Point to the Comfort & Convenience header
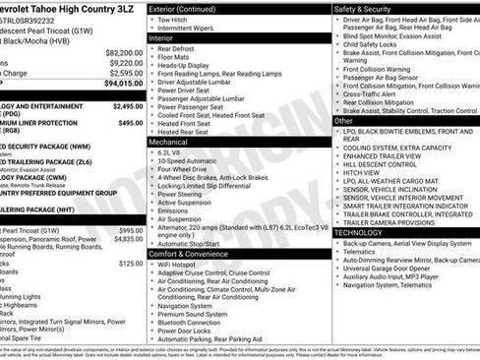[x=186, y=254]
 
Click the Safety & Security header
[x=362, y=8]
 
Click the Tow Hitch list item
[x=172, y=19]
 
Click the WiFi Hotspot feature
[x=177, y=266]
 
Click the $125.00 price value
[x=130, y=265]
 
